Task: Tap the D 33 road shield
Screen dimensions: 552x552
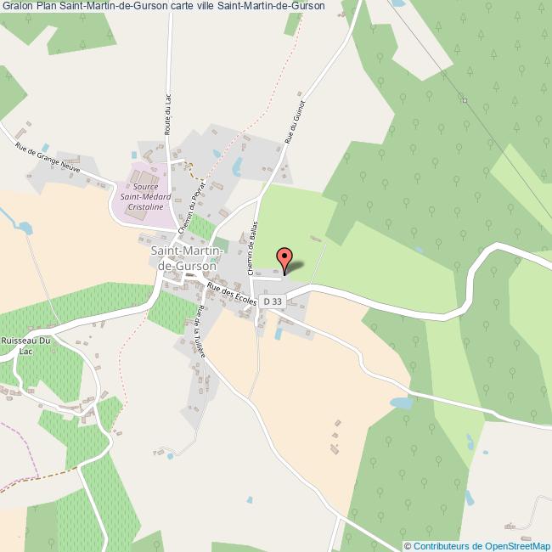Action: [x=273, y=301]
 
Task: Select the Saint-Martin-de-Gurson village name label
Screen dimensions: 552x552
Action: [x=187, y=258]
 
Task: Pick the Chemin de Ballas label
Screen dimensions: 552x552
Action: [x=252, y=248]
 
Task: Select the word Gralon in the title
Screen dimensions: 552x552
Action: [x=19, y=7]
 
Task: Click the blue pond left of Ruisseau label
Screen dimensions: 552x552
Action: [x=24, y=228]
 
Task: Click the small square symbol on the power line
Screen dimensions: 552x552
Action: [x=465, y=100]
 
